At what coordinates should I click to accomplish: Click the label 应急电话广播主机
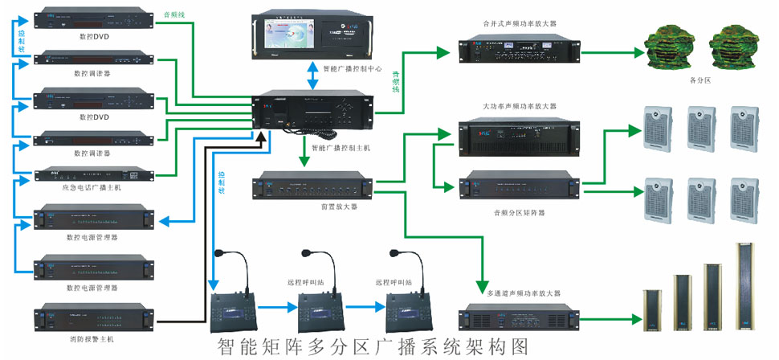(91, 187)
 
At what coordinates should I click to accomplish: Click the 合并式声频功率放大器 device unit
(518, 51)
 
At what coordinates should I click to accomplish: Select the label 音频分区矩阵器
(520, 213)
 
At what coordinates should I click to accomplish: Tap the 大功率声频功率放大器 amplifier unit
(518, 134)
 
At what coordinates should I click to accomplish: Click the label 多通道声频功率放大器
(520, 293)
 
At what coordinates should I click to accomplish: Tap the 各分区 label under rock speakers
(700, 80)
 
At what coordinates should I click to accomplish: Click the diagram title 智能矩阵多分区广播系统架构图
(373, 346)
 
